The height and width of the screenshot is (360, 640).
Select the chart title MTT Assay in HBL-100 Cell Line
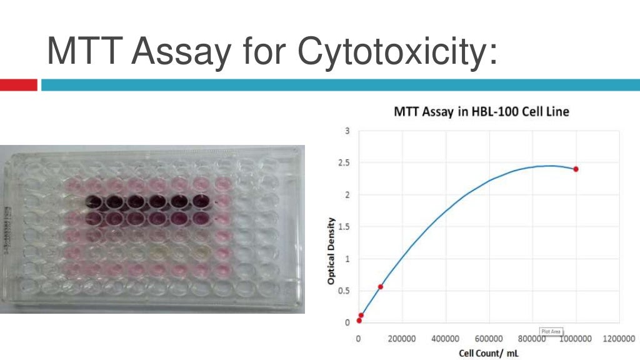[x=481, y=112]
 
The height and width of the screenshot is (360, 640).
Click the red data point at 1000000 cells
[x=576, y=169]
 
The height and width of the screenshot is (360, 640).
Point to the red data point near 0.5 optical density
[x=381, y=287]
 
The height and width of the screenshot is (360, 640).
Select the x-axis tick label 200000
[x=402, y=338]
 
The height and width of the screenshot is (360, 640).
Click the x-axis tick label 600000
[x=489, y=338]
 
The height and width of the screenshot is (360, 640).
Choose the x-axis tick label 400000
[x=445, y=338]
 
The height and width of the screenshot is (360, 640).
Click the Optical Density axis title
[x=331, y=251]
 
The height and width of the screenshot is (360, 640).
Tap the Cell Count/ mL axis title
[x=489, y=353]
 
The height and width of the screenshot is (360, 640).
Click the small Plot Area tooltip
[x=551, y=331]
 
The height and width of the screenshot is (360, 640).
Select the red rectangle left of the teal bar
[x=19, y=85]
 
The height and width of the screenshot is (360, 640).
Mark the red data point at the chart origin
[x=359, y=321]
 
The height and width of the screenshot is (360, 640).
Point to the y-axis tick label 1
[x=347, y=259]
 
